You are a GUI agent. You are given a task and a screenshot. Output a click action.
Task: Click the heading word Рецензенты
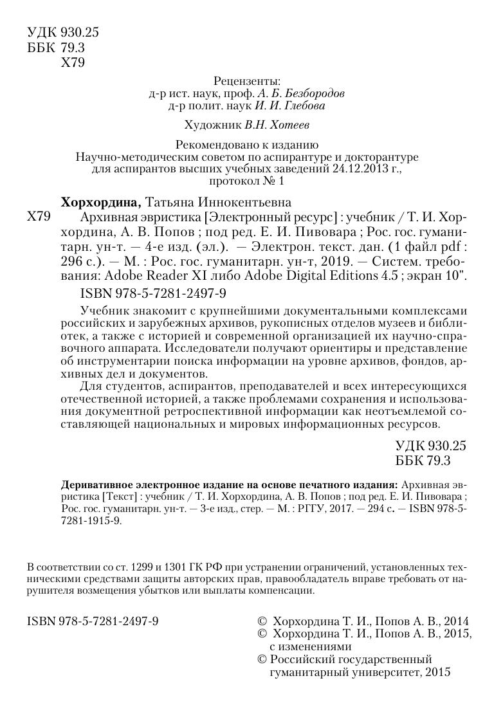click(247, 81)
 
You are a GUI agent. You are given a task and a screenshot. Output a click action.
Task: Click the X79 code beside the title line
click(39, 217)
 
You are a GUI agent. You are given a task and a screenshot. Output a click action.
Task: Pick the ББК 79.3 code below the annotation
click(424, 461)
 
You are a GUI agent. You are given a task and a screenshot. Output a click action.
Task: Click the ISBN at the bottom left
click(94, 621)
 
